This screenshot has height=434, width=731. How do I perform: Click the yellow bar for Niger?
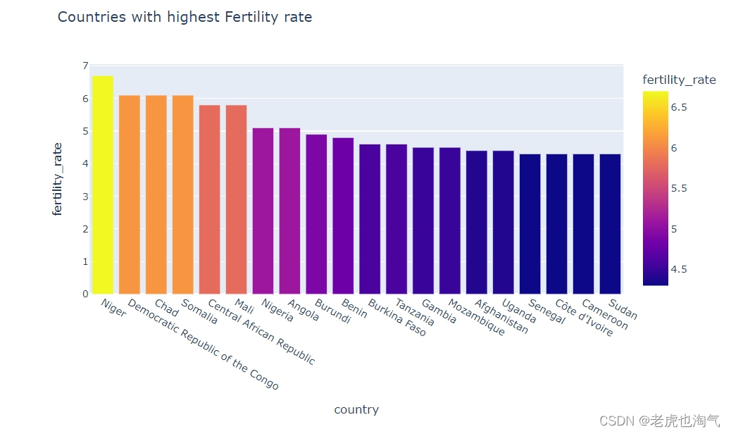pos(103,185)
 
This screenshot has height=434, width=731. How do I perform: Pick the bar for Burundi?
pos(316,214)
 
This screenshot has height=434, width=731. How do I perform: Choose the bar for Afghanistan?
pos(477,222)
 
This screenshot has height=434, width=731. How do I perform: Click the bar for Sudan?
pos(610,224)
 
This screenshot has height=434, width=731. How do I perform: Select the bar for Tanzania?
pos(396,219)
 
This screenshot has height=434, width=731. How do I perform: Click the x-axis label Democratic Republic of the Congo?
pos(204,346)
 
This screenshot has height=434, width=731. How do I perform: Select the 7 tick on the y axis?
pos(85,66)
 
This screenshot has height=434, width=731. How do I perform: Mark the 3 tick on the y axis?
pos(85,197)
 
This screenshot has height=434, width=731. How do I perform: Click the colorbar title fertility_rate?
pos(679,80)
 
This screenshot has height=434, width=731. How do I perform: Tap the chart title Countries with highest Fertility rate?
pos(185,17)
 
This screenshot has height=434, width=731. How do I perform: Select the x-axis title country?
pos(356,409)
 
